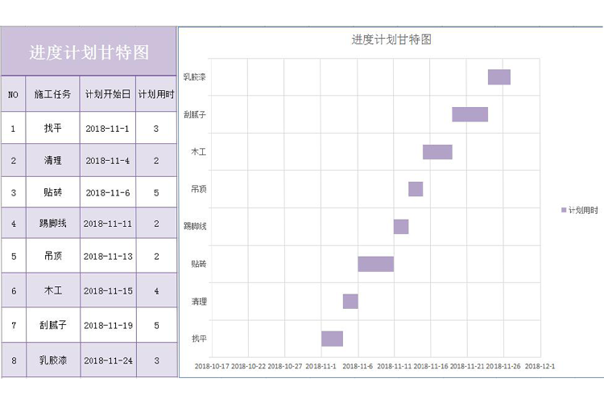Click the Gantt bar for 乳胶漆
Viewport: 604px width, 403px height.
point(499,77)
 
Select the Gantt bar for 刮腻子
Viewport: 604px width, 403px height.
point(470,114)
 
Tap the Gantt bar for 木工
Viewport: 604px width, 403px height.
point(437,152)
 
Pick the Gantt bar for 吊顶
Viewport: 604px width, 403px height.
point(416,189)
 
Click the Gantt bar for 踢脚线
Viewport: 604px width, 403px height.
point(401,227)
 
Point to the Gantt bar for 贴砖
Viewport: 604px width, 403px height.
point(375,264)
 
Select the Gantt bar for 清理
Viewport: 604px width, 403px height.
point(350,302)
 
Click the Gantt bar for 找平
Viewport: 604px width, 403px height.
point(332,339)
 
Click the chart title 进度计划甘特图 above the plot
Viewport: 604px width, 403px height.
point(391,39)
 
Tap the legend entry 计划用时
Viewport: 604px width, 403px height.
point(580,210)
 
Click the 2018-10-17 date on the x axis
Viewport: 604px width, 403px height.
point(213,366)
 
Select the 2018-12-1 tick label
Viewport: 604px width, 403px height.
point(540,366)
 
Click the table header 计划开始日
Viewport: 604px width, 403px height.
point(108,94)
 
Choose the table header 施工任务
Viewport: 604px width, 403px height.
point(52,94)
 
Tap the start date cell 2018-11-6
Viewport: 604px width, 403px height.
point(108,192)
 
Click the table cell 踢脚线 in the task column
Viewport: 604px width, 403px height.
point(52,224)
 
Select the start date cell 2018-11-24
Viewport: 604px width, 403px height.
point(108,360)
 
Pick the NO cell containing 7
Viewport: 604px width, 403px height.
point(13,325)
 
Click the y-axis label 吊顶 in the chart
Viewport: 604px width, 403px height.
point(198,189)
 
